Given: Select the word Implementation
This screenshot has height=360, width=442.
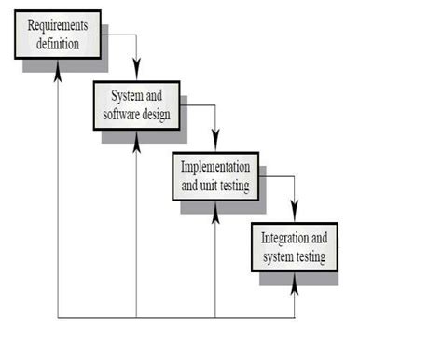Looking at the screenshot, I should [x=214, y=166].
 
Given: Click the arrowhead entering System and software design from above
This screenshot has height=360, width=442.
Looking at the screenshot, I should [x=136, y=74].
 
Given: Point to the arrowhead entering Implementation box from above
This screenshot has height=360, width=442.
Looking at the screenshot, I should [x=215, y=143].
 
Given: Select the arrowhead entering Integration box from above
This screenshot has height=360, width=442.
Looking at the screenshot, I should [x=295, y=213].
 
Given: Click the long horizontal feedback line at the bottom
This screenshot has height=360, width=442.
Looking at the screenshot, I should [x=177, y=318].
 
